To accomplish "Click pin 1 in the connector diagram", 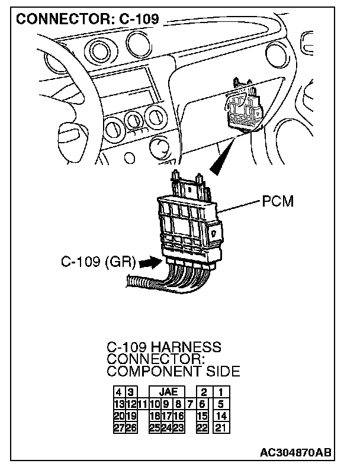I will pyautogui.click(x=220, y=392).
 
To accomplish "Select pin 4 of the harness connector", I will pyautogui.click(x=119, y=392).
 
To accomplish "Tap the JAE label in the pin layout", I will pyautogui.click(x=168, y=392).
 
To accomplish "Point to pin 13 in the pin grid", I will pyautogui.click(x=118, y=404).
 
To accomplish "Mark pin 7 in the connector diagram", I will pyautogui.click(x=190, y=404).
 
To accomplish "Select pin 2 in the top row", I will pyautogui.click(x=203, y=392).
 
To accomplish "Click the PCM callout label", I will pyautogui.click(x=278, y=202).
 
